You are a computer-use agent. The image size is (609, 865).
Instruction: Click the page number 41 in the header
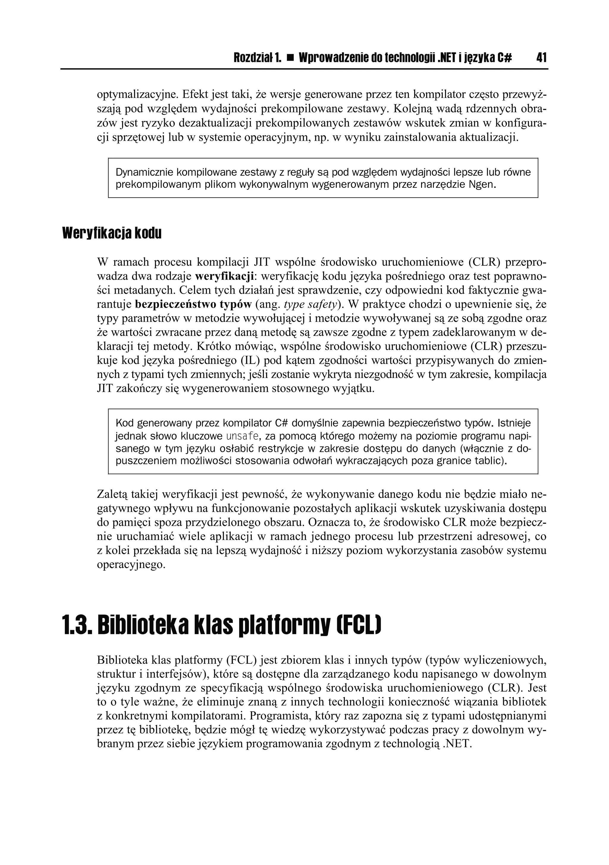[x=541, y=58]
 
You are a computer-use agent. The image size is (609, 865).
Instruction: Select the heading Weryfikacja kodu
[x=112, y=233]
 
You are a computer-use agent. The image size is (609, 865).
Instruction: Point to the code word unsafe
[x=242, y=437]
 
